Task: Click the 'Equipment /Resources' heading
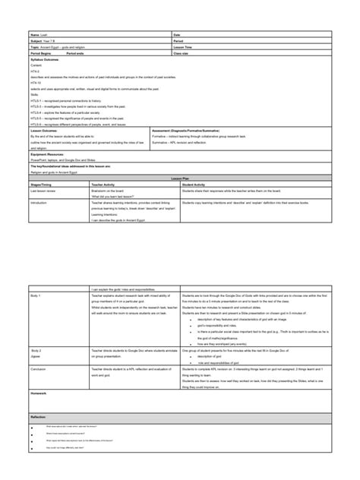click(x=48, y=153)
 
